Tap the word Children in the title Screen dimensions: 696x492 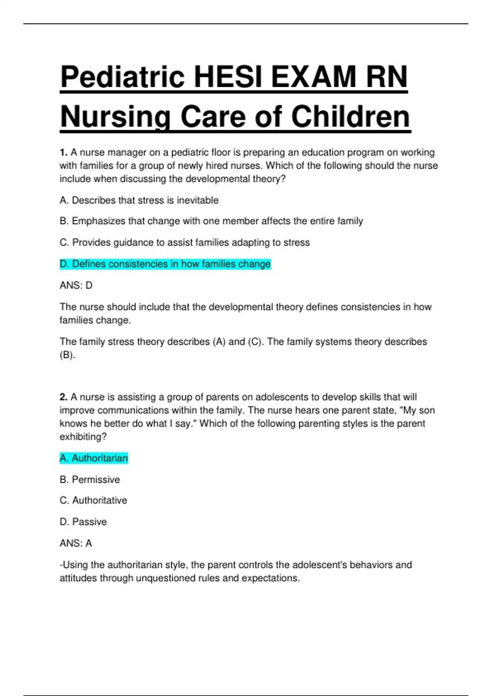click(351, 117)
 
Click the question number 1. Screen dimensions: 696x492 click(63, 152)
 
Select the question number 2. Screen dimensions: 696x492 click(63, 397)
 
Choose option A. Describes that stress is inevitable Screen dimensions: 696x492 click(139, 200)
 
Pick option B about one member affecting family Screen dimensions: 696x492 click(211, 221)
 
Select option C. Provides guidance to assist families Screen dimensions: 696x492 click(184, 242)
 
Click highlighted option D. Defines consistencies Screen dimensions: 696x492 click(165, 264)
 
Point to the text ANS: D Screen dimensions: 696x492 click(76, 285)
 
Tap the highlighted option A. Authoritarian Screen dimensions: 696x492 click(94, 458)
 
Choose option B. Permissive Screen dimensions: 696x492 click(90, 479)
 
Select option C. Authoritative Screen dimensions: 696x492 click(93, 500)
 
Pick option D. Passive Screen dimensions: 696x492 click(83, 522)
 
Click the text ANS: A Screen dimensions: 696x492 click(76, 543)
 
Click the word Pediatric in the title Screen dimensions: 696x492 click(122, 77)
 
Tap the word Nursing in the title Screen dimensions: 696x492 click(115, 117)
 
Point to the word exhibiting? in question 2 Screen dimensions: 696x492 click(83, 437)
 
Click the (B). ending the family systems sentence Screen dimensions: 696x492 click(68, 355)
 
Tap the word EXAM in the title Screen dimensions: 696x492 click(313, 77)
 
